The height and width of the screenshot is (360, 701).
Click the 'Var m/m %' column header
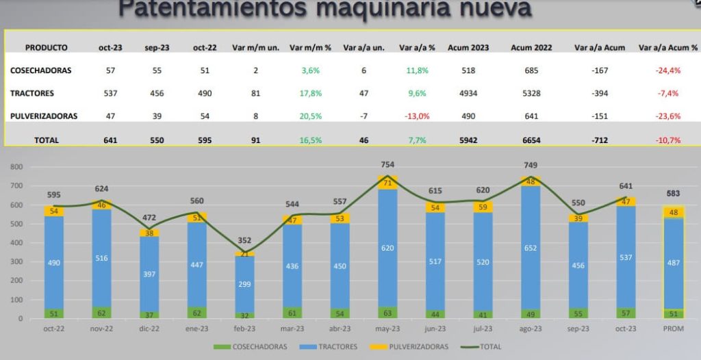tap(310, 48)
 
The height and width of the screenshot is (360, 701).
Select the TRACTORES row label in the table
tap(32, 93)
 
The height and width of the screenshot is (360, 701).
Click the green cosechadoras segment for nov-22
tap(102, 313)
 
